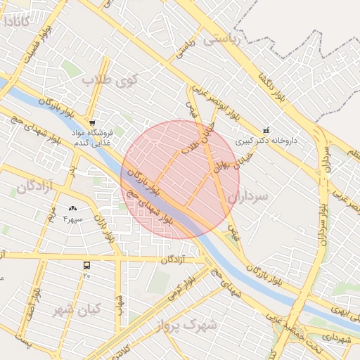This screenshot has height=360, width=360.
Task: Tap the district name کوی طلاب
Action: pyautogui.click(x=112, y=79)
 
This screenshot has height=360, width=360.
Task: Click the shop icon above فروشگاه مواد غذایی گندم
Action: pyautogui.click(x=92, y=122)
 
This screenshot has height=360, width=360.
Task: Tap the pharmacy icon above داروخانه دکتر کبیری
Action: pyautogui.click(x=266, y=130)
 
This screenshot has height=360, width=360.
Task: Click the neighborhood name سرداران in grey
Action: pyautogui.click(x=249, y=197)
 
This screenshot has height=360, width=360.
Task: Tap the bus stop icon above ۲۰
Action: pyautogui.click(x=86, y=265)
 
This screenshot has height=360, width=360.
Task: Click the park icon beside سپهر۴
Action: pyautogui.click(x=73, y=208)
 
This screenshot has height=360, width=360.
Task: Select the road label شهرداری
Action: pyautogui.click(x=335, y=338)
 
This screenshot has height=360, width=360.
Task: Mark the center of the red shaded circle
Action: pyautogui.click(x=180, y=179)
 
